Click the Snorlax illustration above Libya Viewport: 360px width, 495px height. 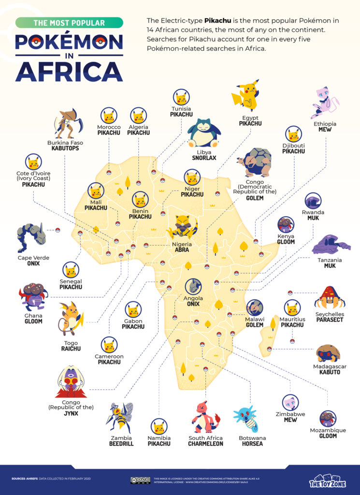tap(203, 133)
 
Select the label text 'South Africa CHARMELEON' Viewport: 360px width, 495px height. tap(205, 441)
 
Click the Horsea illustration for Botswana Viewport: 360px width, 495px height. tap(248, 419)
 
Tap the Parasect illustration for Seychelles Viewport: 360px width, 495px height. tap(329, 298)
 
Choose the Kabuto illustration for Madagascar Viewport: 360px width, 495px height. tap(328, 354)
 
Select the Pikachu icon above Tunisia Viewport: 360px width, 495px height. tap(181, 98)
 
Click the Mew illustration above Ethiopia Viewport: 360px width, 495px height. tap(325, 103)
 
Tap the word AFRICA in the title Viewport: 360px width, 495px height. tap(69, 70)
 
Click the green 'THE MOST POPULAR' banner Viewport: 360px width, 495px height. tap(69, 23)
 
